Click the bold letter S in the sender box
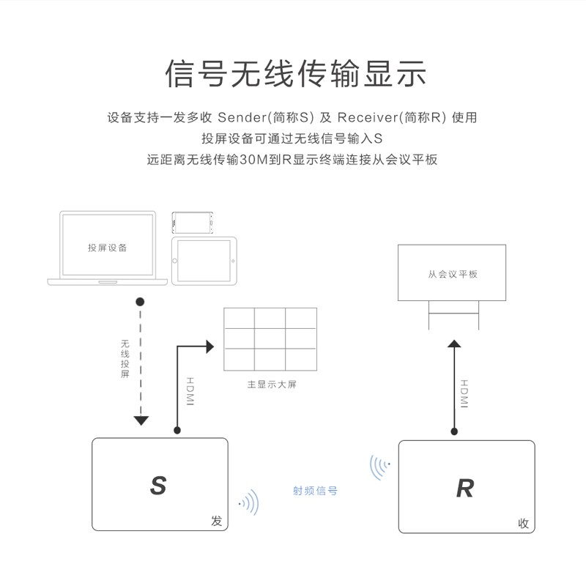pos(158,486)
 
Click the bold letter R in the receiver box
pos(465,488)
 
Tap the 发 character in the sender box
pos(216,521)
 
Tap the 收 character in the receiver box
pos(523,523)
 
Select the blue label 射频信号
pos(315,491)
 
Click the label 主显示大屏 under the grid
pos(272,384)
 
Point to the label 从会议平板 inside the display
pos(453,274)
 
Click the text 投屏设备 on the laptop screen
pos(107,248)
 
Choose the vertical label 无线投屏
pos(125,358)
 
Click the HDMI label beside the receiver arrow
pos(464,393)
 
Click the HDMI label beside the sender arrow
pos(190,391)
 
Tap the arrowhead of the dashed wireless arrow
pos(141,420)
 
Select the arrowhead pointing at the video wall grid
pos(210,346)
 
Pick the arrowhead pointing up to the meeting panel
pos(454,344)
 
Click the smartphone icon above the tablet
pos(193,223)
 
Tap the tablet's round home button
pos(174,261)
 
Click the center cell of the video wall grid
pos(270,338)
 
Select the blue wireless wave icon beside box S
pos(249,502)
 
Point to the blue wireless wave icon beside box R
pos(379,467)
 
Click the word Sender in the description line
pos(242,117)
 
